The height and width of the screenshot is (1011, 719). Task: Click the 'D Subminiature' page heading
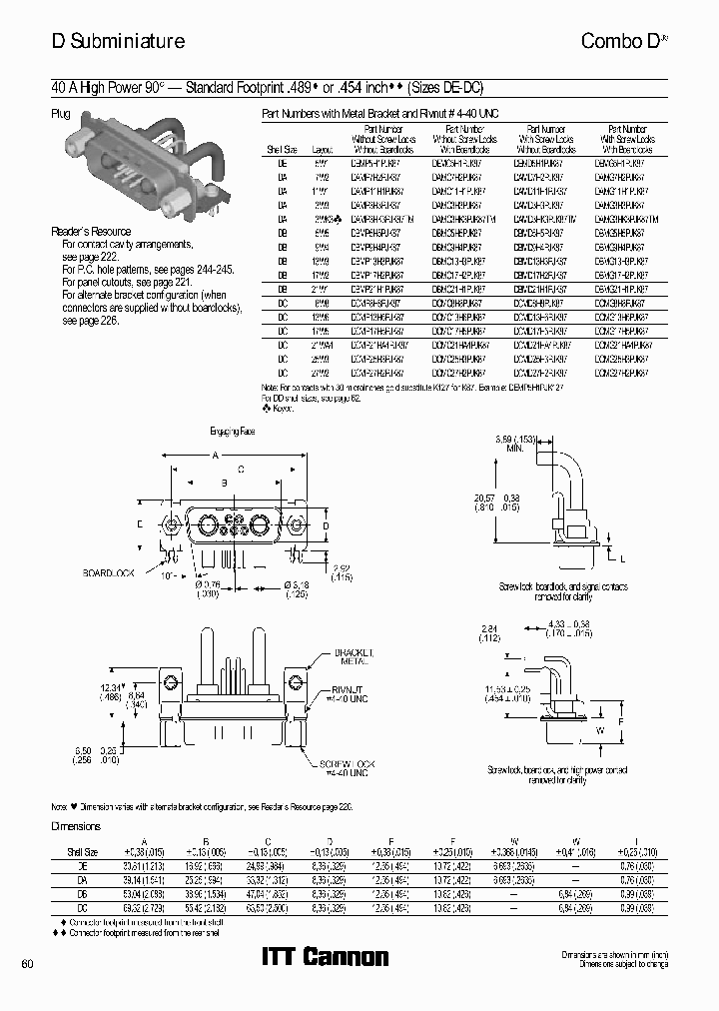pyautogui.click(x=118, y=41)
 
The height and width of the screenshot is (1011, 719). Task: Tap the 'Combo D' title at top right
pyautogui.click(x=624, y=41)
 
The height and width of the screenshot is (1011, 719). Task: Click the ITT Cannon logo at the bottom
pyautogui.click(x=325, y=957)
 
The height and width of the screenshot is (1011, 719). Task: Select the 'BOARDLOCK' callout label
pyautogui.click(x=109, y=573)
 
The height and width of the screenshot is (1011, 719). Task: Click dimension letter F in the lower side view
pyautogui.click(x=621, y=719)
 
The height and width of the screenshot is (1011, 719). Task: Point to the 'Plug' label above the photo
pyautogui.click(x=61, y=115)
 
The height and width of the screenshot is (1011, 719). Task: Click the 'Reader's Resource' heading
pyautogui.click(x=91, y=232)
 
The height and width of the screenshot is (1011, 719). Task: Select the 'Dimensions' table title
pyautogui.click(x=76, y=826)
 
